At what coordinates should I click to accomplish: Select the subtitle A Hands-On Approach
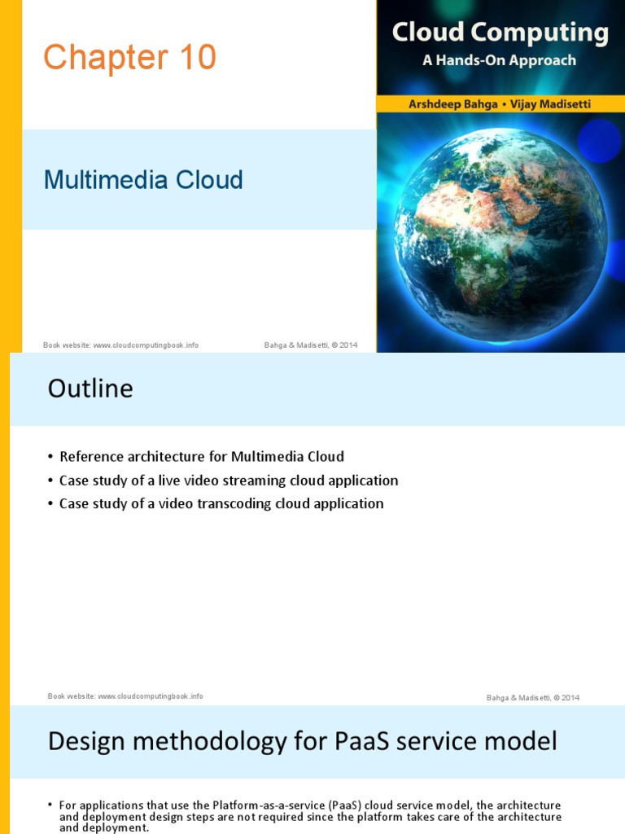(x=499, y=60)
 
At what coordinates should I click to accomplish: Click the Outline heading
(x=90, y=388)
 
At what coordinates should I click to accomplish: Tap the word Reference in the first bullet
(x=92, y=456)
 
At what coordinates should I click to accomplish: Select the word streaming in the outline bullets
(x=245, y=480)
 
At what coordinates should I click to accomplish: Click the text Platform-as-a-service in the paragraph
(x=269, y=805)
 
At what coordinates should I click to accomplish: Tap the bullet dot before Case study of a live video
(x=50, y=481)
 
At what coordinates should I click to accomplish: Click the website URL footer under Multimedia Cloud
(x=120, y=345)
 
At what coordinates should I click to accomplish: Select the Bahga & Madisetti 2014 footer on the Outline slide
(x=533, y=697)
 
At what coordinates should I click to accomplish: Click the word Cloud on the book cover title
(x=428, y=33)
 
